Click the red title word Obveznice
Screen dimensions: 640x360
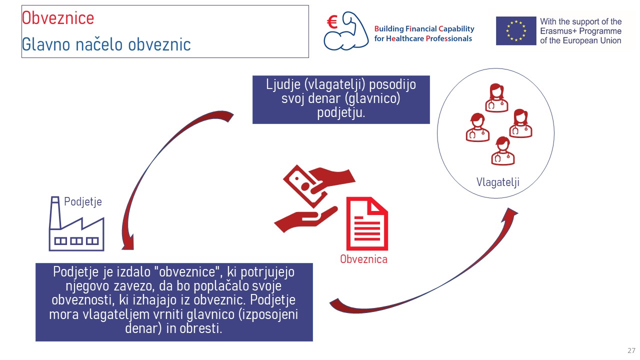[58, 18]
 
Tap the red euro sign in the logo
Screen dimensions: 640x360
[332, 22]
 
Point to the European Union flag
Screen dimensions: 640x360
[516, 31]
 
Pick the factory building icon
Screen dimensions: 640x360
[76, 223]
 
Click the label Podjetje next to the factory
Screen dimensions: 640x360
[83, 201]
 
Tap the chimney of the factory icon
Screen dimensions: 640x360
[55, 213]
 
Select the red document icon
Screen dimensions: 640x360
[367, 223]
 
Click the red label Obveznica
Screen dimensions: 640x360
[363, 259]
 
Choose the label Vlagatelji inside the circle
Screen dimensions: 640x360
[497, 182]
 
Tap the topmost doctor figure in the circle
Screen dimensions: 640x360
[496, 97]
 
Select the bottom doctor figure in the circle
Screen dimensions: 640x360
[503, 151]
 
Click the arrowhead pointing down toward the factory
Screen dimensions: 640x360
[128, 243]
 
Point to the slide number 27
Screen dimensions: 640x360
[631, 350]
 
